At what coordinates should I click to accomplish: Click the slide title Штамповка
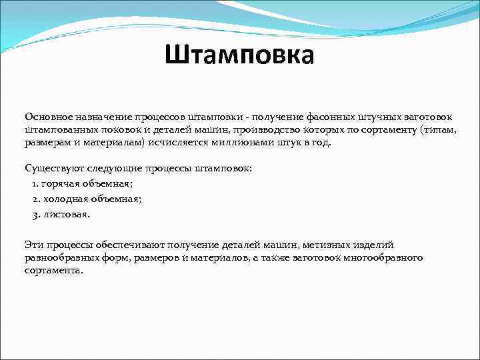tap(239, 55)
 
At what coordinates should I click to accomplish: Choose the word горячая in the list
tap(63, 183)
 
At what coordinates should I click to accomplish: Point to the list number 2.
tap(35, 199)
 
